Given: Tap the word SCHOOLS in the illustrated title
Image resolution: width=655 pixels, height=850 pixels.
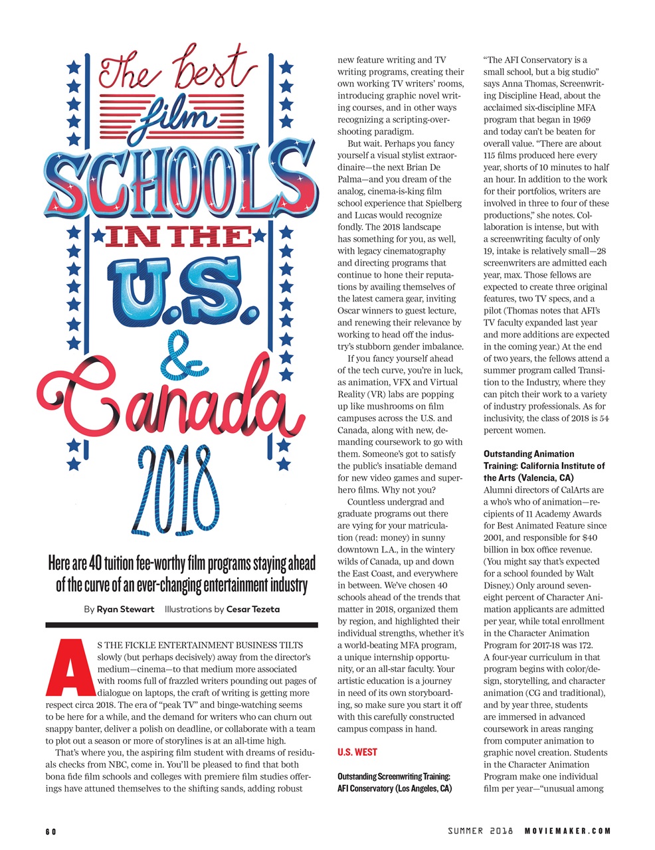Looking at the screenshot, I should pos(179,178).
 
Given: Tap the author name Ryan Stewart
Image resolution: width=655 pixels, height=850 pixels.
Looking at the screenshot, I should pos(126,609).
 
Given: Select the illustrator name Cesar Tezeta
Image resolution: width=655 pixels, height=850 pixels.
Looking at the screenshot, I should pos(253,609).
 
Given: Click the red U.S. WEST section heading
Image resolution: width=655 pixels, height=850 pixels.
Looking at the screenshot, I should pos(357,752).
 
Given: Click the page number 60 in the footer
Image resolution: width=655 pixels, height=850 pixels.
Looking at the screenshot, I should pos(51,831).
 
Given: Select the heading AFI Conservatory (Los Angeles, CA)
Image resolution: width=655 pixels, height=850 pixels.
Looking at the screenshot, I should pos(395,789).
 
